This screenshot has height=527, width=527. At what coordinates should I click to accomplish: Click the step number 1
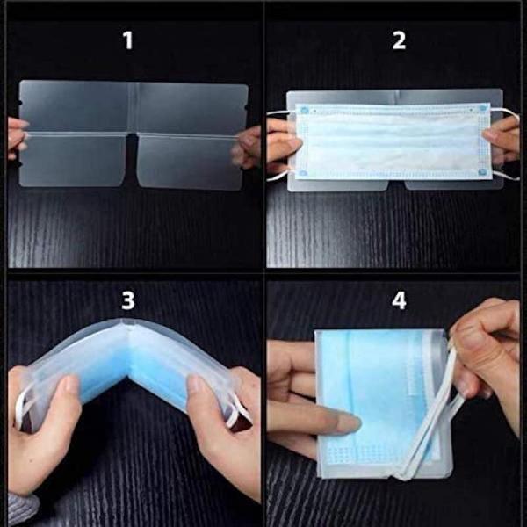point(128,40)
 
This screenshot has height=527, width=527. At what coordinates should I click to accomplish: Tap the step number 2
point(399,40)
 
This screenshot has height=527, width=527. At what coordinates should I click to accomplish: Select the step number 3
point(128,300)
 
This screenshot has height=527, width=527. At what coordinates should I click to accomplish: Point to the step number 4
point(399,300)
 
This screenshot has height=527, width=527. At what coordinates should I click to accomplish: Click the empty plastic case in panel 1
point(134,134)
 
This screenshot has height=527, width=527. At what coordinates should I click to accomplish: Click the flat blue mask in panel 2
point(393,141)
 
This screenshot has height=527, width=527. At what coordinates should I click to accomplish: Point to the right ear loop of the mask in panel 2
point(505,143)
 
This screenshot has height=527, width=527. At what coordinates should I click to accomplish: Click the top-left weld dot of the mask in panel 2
point(305,110)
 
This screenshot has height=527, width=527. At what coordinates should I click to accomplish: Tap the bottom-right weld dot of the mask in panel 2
point(482,172)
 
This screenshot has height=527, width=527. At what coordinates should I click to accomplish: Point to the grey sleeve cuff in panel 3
point(21,509)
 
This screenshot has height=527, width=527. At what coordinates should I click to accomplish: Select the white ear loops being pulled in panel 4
point(434,414)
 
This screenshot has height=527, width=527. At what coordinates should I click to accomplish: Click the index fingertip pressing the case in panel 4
point(350,423)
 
